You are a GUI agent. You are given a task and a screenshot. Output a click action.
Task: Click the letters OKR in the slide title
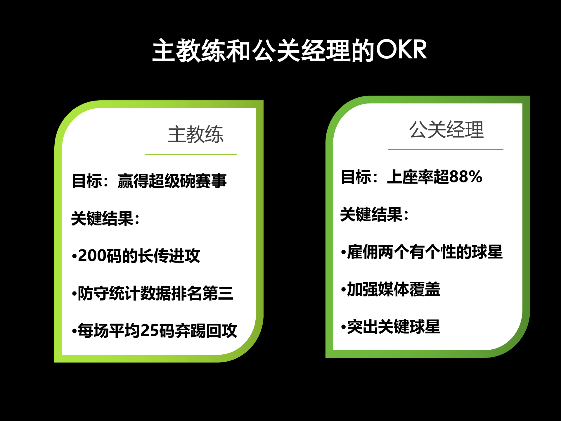click(401, 50)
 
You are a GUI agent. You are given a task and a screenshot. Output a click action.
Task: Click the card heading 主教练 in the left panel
click(195, 134)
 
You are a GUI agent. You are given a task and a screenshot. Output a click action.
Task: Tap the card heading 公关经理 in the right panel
click(446, 130)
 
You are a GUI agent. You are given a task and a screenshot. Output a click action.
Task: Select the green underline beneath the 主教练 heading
click(191, 154)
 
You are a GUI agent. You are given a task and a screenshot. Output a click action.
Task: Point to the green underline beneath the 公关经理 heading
click(446, 149)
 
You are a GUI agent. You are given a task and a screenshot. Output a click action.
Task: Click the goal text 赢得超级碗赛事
click(172, 181)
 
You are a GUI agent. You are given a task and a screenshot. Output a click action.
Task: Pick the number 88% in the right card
click(465, 177)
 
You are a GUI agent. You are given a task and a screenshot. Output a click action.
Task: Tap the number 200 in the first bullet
click(92, 256)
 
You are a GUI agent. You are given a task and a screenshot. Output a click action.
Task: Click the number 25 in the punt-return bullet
click(148, 331)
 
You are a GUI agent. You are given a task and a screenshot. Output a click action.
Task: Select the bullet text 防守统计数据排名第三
click(155, 293)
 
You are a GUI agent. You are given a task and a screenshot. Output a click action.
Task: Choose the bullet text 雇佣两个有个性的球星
click(425, 252)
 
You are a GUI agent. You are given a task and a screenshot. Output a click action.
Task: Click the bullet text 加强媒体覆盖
click(394, 289)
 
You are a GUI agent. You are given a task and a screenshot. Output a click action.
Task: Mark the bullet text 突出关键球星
click(394, 327)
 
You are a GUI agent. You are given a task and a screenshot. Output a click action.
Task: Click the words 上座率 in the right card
click(410, 177)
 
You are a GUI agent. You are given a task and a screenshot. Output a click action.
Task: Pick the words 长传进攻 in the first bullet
click(169, 256)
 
